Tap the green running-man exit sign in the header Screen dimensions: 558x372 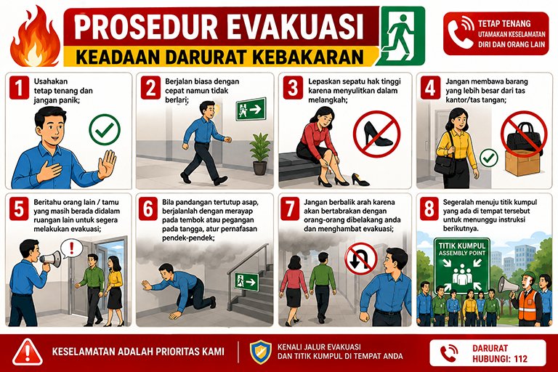(x=401, y=36)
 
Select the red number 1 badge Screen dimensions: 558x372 (x=19, y=88)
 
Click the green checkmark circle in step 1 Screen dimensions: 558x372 (x=105, y=129)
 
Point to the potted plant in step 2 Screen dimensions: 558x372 (x=260, y=154)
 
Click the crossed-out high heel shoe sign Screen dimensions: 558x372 (x=377, y=134)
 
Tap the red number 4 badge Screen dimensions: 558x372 (x=430, y=87)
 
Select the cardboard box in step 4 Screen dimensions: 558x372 (x=522, y=162)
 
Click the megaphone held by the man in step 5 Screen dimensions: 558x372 (x=50, y=259)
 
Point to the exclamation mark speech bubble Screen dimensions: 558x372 (x=71, y=248)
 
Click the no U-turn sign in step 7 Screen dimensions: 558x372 (x=361, y=259)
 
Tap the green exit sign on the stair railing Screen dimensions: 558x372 (x=246, y=281)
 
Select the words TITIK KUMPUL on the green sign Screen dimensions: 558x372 (x=462, y=246)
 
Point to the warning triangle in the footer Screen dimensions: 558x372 (x=28, y=352)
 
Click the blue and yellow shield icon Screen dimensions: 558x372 (x=260, y=352)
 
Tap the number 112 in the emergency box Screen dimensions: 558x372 (x=520, y=358)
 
